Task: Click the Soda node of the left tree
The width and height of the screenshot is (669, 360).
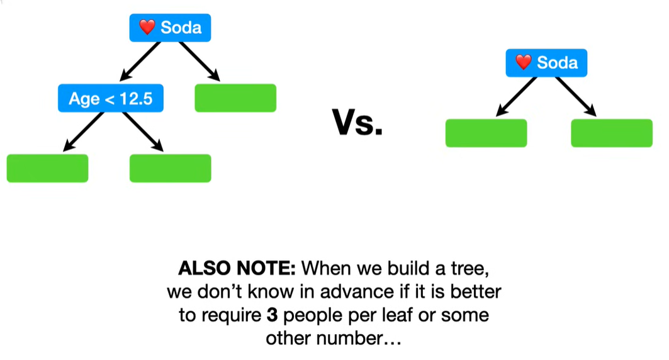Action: click(170, 28)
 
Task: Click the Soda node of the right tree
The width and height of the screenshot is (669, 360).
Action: click(546, 62)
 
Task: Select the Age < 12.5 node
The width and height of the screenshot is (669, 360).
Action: click(111, 98)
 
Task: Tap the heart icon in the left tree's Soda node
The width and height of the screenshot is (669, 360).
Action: click(147, 28)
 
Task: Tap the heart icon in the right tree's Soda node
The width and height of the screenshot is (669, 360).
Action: click(524, 62)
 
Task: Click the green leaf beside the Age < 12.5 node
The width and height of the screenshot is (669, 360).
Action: click(235, 98)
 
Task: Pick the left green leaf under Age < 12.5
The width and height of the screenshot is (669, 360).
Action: click(47, 168)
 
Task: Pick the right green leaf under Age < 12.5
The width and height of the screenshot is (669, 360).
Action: click(170, 168)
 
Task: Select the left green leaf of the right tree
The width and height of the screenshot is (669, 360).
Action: click(486, 133)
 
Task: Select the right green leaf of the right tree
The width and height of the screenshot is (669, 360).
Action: click(612, 133)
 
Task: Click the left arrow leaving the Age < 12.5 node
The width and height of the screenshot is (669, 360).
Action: click(83, 132)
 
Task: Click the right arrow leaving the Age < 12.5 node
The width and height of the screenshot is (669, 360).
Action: click(143, 132)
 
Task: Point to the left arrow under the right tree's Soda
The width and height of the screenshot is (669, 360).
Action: click(515, 96)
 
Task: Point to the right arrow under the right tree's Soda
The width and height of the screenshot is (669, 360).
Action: click(576, 96)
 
